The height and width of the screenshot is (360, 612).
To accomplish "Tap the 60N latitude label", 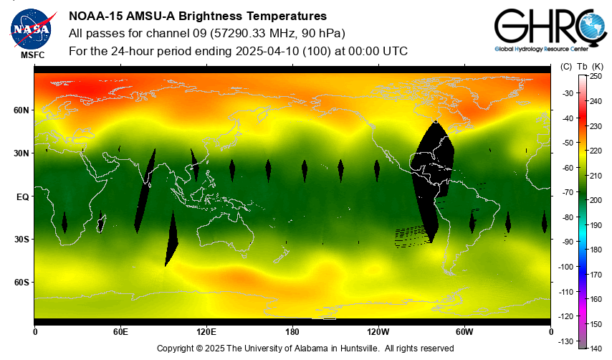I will coord(21,110).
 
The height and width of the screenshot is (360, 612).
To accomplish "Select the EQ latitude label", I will coord(22,196).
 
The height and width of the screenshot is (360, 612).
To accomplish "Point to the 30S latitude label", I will coord(21,240).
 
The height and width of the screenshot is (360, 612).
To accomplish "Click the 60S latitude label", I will coord(21,283).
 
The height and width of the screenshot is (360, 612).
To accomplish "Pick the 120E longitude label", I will coord(206,331).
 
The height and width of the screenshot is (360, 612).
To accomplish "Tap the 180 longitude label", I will coord(292,331).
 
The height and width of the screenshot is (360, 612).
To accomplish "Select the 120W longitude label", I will coord(378,331).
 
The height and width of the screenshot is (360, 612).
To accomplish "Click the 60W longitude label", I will coord(464,331).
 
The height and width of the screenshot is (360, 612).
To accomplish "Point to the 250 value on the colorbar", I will coord(596,76).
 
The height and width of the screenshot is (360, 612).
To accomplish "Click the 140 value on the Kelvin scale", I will coord(596,349).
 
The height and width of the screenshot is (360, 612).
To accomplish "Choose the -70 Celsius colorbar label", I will coord(567,192).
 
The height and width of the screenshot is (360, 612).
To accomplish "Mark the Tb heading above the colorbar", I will coord(581,67).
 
